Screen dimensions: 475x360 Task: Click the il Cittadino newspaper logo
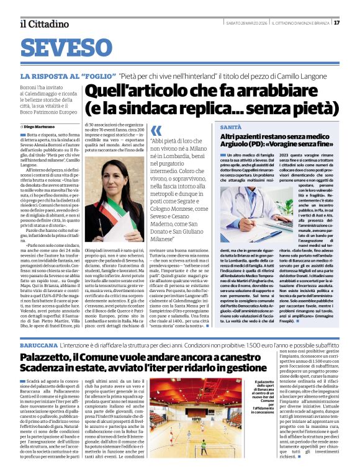coord(43,24)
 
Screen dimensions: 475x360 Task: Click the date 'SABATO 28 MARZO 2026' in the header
coord(246,23)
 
